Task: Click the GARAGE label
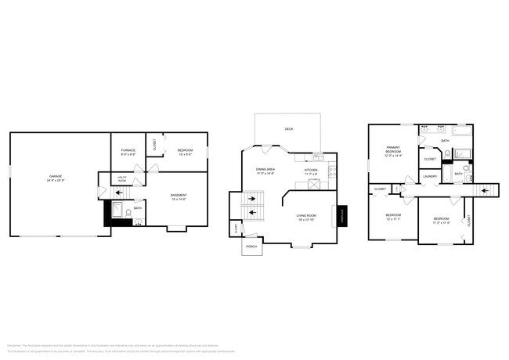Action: (55, 177)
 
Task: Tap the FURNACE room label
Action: (128, 150)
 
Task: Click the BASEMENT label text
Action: (179, 196)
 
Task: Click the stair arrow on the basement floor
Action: (101, 192)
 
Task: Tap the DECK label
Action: (289, 128)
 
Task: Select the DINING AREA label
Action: (265, 169)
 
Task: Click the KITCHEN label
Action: (311, 170)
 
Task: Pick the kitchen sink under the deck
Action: (317, 157)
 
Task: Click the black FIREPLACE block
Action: (341, 216)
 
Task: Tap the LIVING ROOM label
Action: (305, 217)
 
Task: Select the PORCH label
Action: (251, 247)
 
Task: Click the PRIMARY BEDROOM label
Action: (392, 150)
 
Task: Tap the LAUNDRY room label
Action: (430, 176)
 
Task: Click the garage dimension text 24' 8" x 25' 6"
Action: (55, 181)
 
